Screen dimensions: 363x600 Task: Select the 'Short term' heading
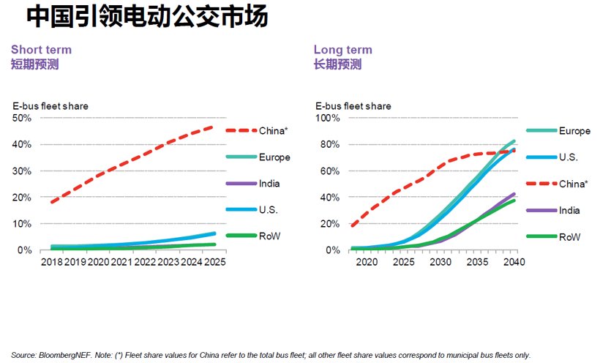click(41, 50)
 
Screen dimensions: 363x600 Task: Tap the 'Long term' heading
click(342, 50)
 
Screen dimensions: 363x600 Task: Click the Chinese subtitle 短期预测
click(34, 64)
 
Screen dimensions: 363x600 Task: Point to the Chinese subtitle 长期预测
click(337, 64)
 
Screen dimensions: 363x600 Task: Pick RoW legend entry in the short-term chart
click(269, 236)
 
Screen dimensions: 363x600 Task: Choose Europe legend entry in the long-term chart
click(574, 131)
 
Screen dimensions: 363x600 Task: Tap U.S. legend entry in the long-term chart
click(569, 157)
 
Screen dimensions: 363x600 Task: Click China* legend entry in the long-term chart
click(574, 184)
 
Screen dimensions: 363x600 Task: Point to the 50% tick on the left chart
click(22, 118)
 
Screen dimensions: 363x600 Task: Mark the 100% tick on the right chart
click(326, 118)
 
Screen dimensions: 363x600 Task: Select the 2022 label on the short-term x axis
click(146, 262)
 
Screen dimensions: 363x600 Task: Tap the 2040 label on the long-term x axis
click(515, 262)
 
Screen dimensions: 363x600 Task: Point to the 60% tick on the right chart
click(329, 171)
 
